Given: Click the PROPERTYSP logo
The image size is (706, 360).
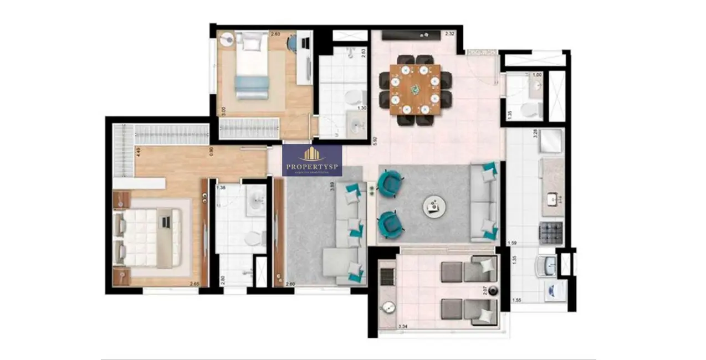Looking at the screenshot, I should (312, 160).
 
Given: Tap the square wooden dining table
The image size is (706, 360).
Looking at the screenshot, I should (415, 89).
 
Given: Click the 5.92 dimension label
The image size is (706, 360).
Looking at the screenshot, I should (375, 141).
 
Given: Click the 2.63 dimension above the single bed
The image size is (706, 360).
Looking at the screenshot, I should (275, 34).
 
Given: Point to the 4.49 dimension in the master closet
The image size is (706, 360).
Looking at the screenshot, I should (124, 151).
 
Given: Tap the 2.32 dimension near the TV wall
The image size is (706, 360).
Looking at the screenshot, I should (449, 34).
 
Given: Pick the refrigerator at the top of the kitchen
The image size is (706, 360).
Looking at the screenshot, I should (552, 141).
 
